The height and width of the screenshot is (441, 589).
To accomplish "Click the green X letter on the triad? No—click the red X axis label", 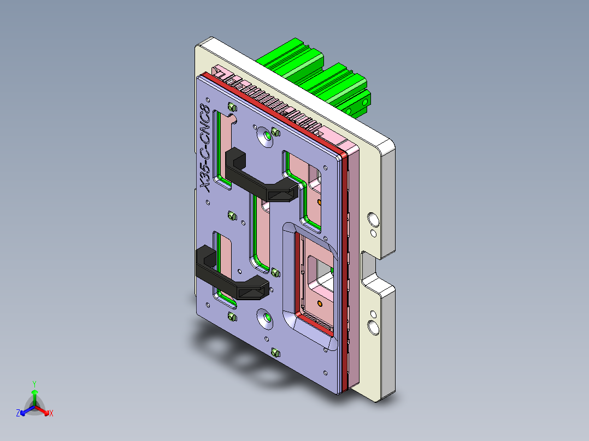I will click(x=51, y=414).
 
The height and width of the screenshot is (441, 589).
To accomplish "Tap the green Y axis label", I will click(x=34, y=384).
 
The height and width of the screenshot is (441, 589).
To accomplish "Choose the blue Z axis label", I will click(x=18, y=413).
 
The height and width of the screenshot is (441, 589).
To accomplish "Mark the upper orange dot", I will click(x=320, y=202).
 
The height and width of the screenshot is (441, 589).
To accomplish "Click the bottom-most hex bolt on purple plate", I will click(x=275, y=353).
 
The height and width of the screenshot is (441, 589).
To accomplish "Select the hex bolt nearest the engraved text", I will click(x=231, y=106).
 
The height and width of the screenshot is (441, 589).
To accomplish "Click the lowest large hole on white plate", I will click(x=374, y=327).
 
